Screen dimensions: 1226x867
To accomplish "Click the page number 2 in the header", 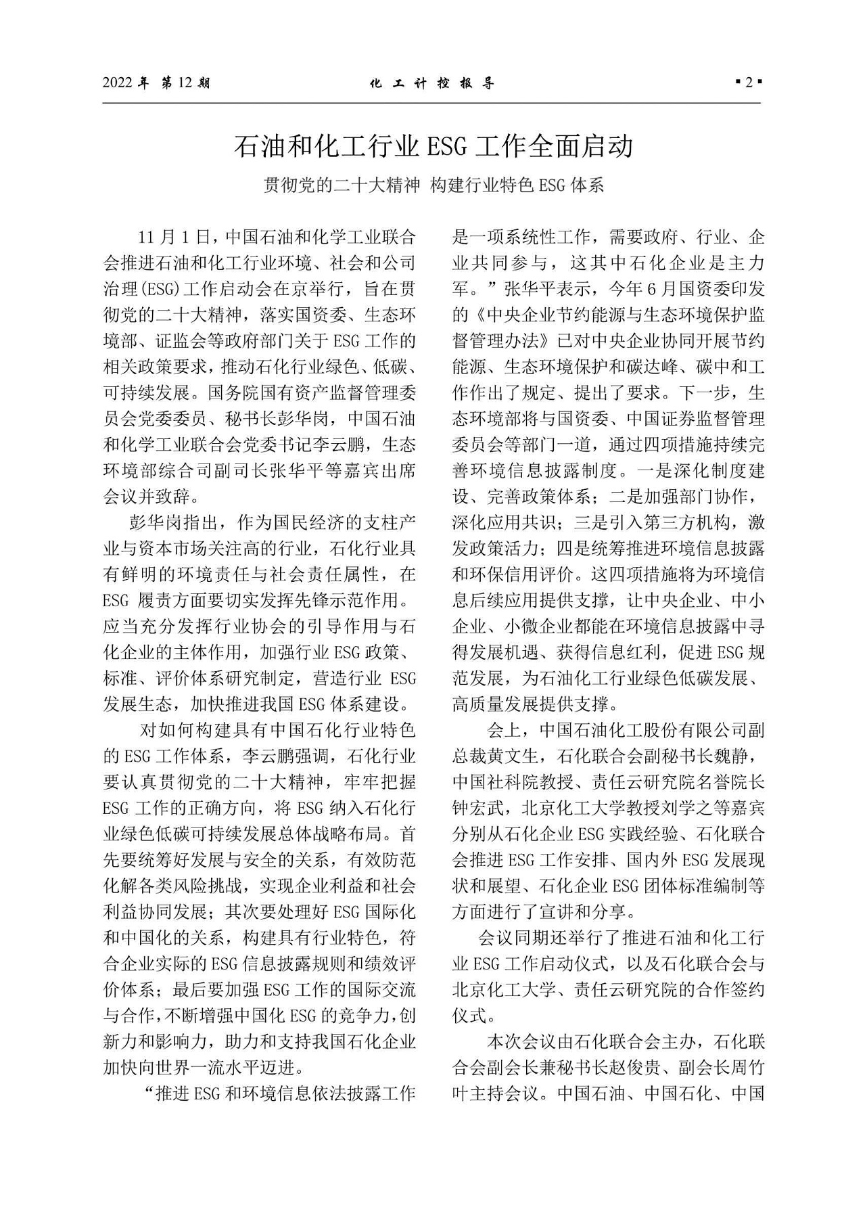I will tap(749, 83).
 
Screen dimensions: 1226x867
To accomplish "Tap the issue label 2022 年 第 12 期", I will tap(156, 83).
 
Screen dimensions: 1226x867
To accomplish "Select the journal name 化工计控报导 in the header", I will tap(432, 83).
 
